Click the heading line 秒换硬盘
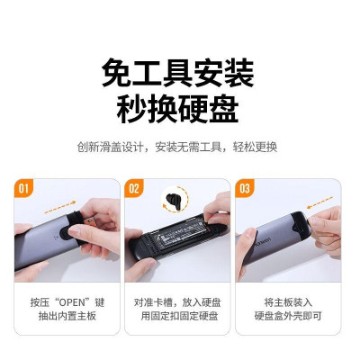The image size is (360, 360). click(179, 110)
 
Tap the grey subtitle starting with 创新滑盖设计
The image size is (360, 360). click(179, 147)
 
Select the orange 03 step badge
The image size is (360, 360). click(244, 189)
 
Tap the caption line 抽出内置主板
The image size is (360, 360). click(65, 318)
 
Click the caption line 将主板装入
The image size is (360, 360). click(287, 303)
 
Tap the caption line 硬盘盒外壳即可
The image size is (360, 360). click(287, 318)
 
